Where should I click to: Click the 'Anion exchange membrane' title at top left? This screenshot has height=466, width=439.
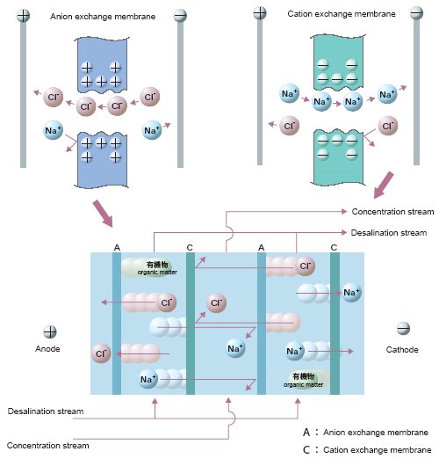103,17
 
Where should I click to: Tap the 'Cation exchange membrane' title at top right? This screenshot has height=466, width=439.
342,14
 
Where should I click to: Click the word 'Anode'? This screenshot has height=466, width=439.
47,348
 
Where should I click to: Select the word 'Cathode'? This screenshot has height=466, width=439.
402,350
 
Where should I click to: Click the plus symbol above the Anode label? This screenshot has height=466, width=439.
50,332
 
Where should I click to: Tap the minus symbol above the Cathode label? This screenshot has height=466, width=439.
403,329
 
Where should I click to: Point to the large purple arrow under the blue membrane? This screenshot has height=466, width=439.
103,214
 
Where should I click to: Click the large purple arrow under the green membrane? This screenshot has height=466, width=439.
384,186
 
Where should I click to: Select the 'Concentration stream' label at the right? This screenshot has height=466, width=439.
392,212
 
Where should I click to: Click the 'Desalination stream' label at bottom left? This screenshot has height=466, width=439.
46,411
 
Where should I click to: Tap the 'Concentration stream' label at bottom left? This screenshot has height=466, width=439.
47,446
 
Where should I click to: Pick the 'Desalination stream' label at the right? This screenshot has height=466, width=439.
389,233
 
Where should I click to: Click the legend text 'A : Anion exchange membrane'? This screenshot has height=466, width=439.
365,432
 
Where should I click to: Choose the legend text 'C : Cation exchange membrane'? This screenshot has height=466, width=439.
367,449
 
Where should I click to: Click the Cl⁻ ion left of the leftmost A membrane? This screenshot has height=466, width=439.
101,353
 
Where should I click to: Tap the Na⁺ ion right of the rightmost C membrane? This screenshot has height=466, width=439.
352,293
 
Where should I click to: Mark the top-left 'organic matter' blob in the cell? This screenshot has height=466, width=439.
150,267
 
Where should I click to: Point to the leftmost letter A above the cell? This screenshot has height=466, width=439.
117,248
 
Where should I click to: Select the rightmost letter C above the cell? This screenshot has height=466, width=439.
334,248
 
